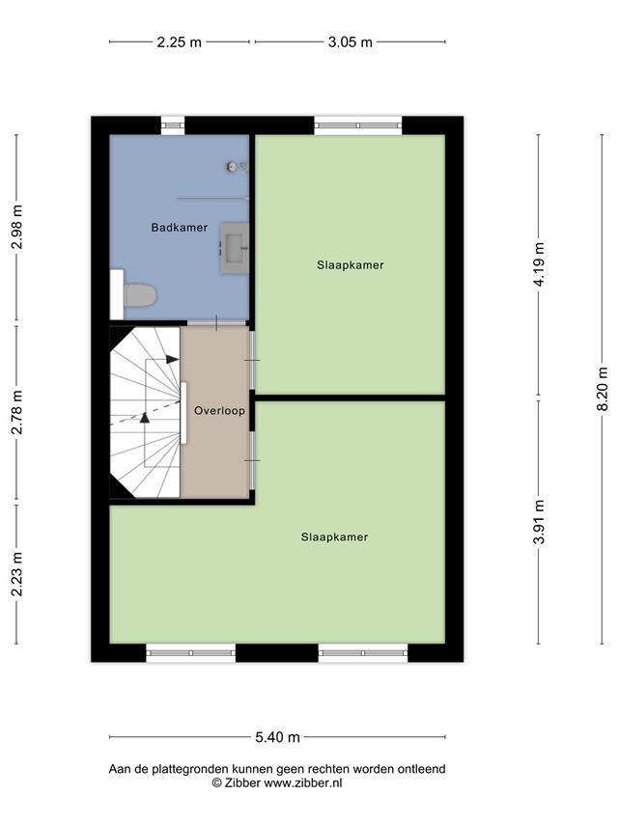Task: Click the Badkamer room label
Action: [180, 228]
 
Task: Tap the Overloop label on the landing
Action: [219, 410]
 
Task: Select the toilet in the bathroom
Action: [139, 295]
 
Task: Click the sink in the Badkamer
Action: [234, 248]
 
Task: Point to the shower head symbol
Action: [232, 166]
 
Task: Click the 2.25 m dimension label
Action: [180, 42]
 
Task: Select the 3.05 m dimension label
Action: [350, 42]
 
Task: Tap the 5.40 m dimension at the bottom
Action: [277, 737]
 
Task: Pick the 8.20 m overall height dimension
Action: [603, 389]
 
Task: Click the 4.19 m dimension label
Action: [538, 264]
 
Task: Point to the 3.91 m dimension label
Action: [538, 522]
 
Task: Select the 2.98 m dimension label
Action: [16, 227]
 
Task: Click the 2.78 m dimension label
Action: [16, 412]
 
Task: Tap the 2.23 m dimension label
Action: [16, 574]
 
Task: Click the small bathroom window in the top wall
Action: [173, 125]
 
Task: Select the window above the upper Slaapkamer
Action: [358, 125]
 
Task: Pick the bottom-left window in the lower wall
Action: [190, 653]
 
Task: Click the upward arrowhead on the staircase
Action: [145, 417]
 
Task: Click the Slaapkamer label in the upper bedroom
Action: [350, 265]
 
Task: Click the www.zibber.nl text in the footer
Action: [302, 782]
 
